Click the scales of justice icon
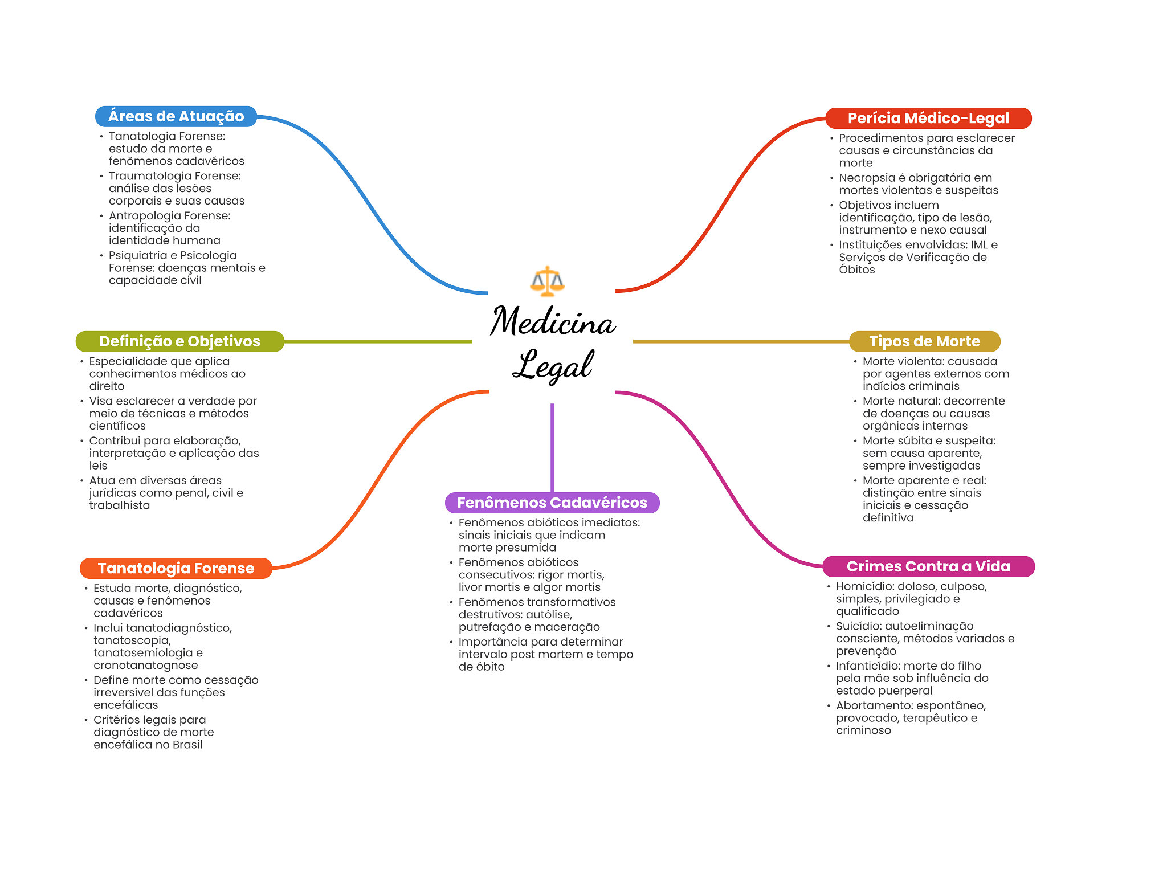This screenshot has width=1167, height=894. point(547,281)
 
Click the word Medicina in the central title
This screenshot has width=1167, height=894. point(553,321)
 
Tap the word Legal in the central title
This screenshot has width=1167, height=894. point(553,365)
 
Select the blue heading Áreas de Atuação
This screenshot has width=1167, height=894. point(176,116)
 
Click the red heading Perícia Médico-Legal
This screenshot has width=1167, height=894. point(928,118)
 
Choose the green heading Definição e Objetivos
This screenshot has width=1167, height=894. point(179,341)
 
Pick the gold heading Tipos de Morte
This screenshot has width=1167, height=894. point(924,341)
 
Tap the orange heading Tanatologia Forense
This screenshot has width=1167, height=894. point(176,568)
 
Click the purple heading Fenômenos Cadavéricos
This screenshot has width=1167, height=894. point(552,503)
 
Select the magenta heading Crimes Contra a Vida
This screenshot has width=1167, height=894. point(928,566)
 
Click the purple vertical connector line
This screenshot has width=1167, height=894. point(552,448)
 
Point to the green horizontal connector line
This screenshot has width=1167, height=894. point(378,341)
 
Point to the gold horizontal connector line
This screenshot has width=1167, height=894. point(741,341)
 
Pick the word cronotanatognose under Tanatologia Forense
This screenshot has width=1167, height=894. point(146,666)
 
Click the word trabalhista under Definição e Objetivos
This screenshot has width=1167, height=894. point(120,505)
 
